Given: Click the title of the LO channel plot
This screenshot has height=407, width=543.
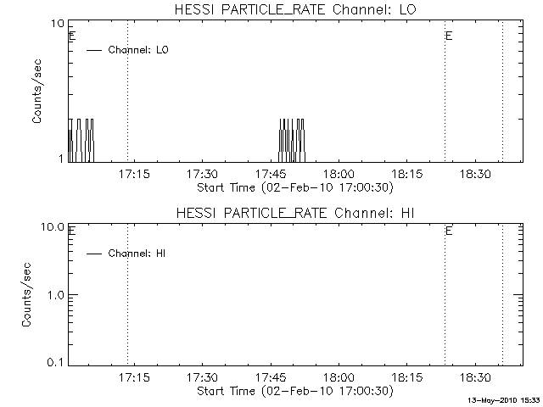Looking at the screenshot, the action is click(x=295, y=9).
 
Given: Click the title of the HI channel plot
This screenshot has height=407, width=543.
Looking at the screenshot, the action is click(x=295, y=213).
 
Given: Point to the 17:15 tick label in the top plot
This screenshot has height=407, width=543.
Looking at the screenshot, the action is click(x=134, y=174).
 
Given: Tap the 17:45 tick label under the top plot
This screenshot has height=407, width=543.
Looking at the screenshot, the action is click(x=271, y=174).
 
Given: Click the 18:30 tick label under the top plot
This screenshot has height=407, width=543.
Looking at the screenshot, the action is click(x=475, y=174).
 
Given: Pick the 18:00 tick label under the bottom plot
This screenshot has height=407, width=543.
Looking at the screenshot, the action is click(x=339, y=377).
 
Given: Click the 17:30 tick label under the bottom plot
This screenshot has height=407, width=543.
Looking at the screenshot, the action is click(x=203, y=377).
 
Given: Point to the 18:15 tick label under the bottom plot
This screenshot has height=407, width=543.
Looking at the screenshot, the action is click(x=407, y=377).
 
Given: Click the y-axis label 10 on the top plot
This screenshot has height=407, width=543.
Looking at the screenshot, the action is click(x=58, y=24).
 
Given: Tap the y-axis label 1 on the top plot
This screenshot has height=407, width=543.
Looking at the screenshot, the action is click(x=61, y=159).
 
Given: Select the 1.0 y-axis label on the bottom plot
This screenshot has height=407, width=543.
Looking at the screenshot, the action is click(x=55, y=295).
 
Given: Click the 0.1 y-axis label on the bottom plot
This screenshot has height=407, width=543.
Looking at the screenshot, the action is click(x=55, y=362).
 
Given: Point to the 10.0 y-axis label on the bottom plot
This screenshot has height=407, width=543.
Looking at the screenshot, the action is click(x=53, y=227).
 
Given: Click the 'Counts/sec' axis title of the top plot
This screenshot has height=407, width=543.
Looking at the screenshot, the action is click(x=36, y=92).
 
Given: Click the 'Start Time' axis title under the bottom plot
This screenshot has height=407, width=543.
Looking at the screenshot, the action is click(x=295, y=391).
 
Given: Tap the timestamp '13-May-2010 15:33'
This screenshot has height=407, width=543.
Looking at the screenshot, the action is click(x=504, y=400).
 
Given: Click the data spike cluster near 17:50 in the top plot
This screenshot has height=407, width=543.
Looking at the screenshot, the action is click(x=292, y=141).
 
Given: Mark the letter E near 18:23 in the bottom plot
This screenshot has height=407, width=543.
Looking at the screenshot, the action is click(x=449, y=231).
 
